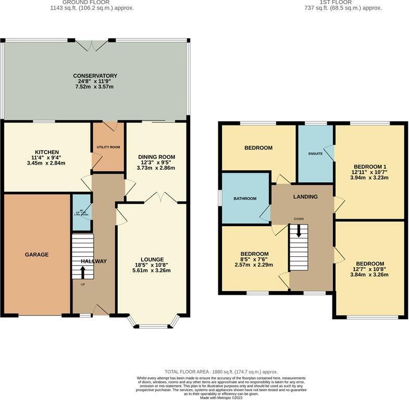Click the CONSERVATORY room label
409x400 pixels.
point(95,76)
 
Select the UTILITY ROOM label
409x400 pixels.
point(108,147)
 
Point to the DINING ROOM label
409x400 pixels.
point(156,157)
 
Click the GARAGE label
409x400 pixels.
point(36,255)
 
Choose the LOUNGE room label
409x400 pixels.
point(152,259)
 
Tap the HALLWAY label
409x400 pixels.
point(94,261)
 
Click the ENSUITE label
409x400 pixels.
point(315,154)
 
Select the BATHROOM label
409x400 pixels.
point(245,198)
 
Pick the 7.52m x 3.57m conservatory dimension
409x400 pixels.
point(95,86)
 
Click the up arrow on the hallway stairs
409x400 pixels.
point(83,272)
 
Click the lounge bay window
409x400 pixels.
point(152,326)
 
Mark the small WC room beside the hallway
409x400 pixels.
point(81,212)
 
